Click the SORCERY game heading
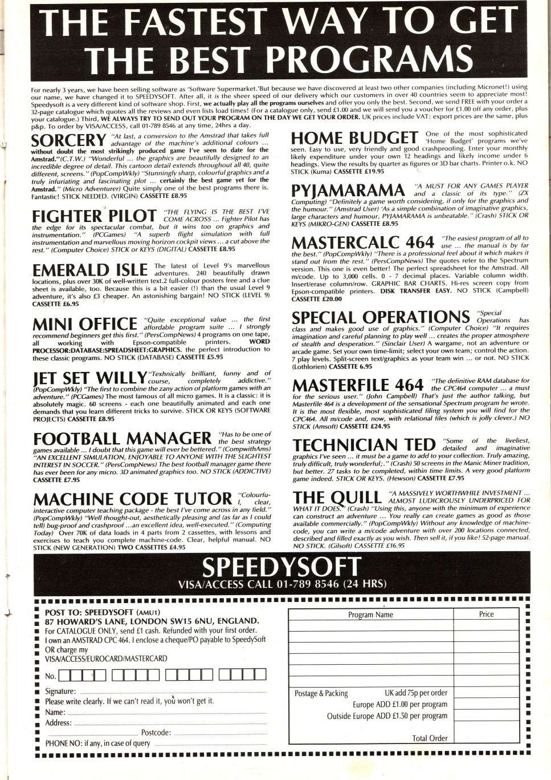[68, 140]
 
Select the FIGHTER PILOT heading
[94, 216]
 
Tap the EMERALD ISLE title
[90, 270]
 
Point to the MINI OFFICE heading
[85, 324]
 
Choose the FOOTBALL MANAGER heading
[122, 439]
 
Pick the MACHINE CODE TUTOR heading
[133, 499]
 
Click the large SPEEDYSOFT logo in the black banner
[281, 567]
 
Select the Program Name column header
[370, 615]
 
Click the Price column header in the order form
[486, 615]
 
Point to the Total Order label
[430, 738]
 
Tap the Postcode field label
[156, 733]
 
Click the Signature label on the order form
[60, 692]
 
